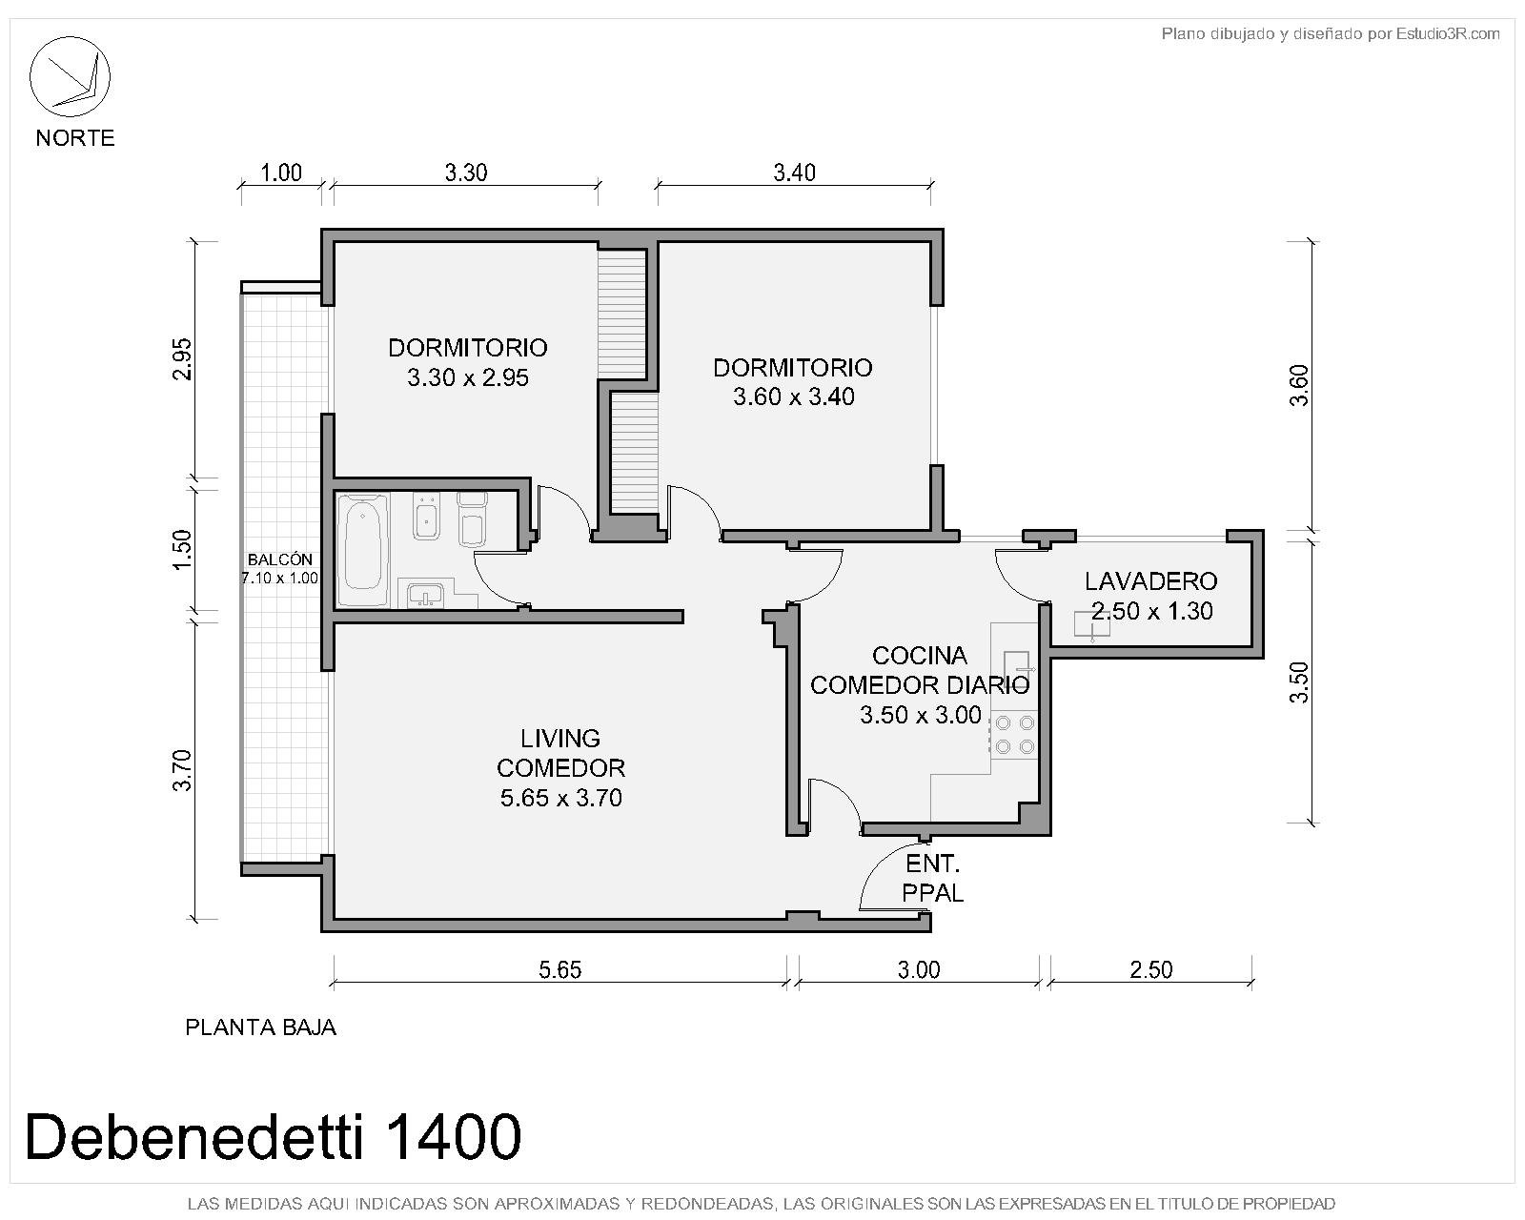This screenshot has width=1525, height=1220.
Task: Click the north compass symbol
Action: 70,77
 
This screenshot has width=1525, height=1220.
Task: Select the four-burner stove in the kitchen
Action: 1014,735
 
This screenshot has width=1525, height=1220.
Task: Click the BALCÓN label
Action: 279,559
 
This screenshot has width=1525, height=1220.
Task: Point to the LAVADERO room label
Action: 1150,581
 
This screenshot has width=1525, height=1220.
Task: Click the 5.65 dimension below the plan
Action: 559,969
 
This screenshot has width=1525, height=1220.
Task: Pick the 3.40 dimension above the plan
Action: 794,173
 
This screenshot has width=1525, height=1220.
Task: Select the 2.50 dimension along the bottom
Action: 1150,969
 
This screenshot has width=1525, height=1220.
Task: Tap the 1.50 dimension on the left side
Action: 182,549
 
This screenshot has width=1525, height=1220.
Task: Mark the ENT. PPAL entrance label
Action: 932,879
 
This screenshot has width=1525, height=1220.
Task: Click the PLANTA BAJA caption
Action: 260,1027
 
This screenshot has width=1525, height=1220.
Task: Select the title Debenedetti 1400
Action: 273,1136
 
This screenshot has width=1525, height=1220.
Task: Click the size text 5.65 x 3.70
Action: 560,798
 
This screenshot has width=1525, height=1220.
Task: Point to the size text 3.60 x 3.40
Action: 793,396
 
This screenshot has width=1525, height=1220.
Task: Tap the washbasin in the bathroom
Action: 425,594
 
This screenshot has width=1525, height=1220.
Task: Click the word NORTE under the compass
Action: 75,137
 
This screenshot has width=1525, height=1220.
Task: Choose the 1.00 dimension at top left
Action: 281,173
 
